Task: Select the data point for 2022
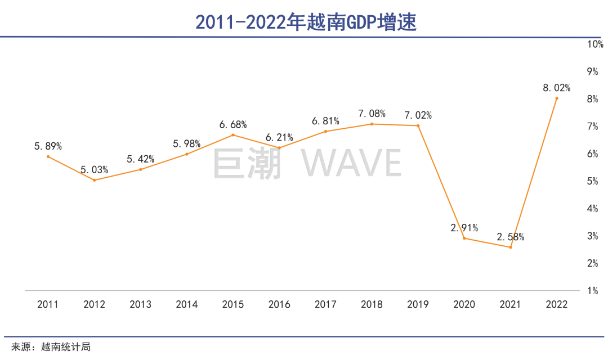pos(557,98)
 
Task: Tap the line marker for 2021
pos(511,247)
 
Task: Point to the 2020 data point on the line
pos(464,238)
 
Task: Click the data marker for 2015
pos(233,135)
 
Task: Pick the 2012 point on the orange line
pos(94,180)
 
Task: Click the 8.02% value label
pos(557,88)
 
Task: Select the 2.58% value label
pos(511,237)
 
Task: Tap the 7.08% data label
pos(372,114)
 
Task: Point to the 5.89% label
pos(48,146)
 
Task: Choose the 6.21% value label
pos(279,137)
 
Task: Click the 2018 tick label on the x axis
pos(372,305)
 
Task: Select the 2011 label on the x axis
pos(48,305)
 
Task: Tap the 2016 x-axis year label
pos(279,305)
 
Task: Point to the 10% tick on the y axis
pos(596,44)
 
